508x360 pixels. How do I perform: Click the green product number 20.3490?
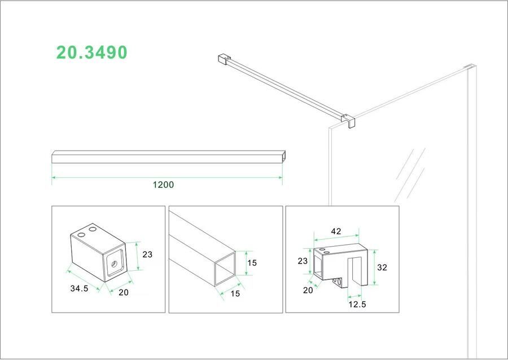[91, 52]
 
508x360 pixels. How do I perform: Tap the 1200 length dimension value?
[164, 185]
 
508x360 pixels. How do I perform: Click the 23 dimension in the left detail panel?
[147, 254]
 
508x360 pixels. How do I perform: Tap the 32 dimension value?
[382, 267]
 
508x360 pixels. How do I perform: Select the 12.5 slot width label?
[356, 304]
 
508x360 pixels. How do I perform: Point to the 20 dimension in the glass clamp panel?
[308, 290]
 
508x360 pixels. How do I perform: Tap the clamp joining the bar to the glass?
[348, 120]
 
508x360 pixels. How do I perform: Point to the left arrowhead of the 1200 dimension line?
[54, 178]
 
